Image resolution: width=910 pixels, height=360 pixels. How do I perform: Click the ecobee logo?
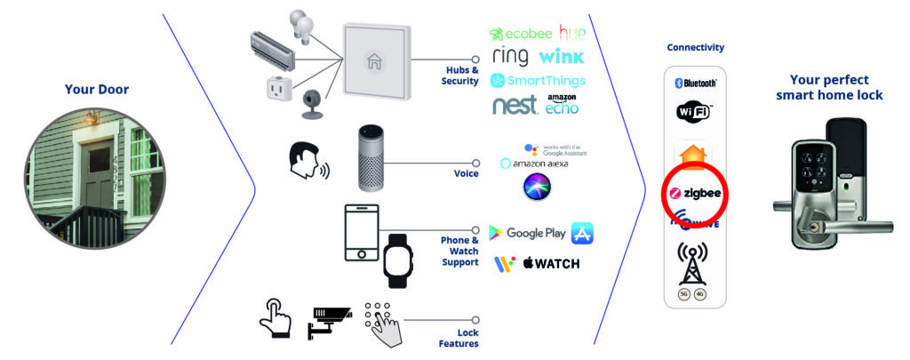(521, 35)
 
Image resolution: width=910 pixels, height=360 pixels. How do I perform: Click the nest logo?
(515, 106)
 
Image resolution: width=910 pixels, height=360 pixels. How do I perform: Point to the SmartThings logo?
(538, 81)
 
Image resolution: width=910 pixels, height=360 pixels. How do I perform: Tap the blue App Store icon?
(582, 233)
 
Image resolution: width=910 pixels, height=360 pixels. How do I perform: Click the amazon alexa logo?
(534, 164)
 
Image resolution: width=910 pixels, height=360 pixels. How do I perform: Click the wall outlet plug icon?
(274, 90)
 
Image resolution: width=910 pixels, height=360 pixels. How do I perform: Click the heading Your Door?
(97, 89)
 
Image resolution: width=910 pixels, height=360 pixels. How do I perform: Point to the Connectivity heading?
(695, 47)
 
